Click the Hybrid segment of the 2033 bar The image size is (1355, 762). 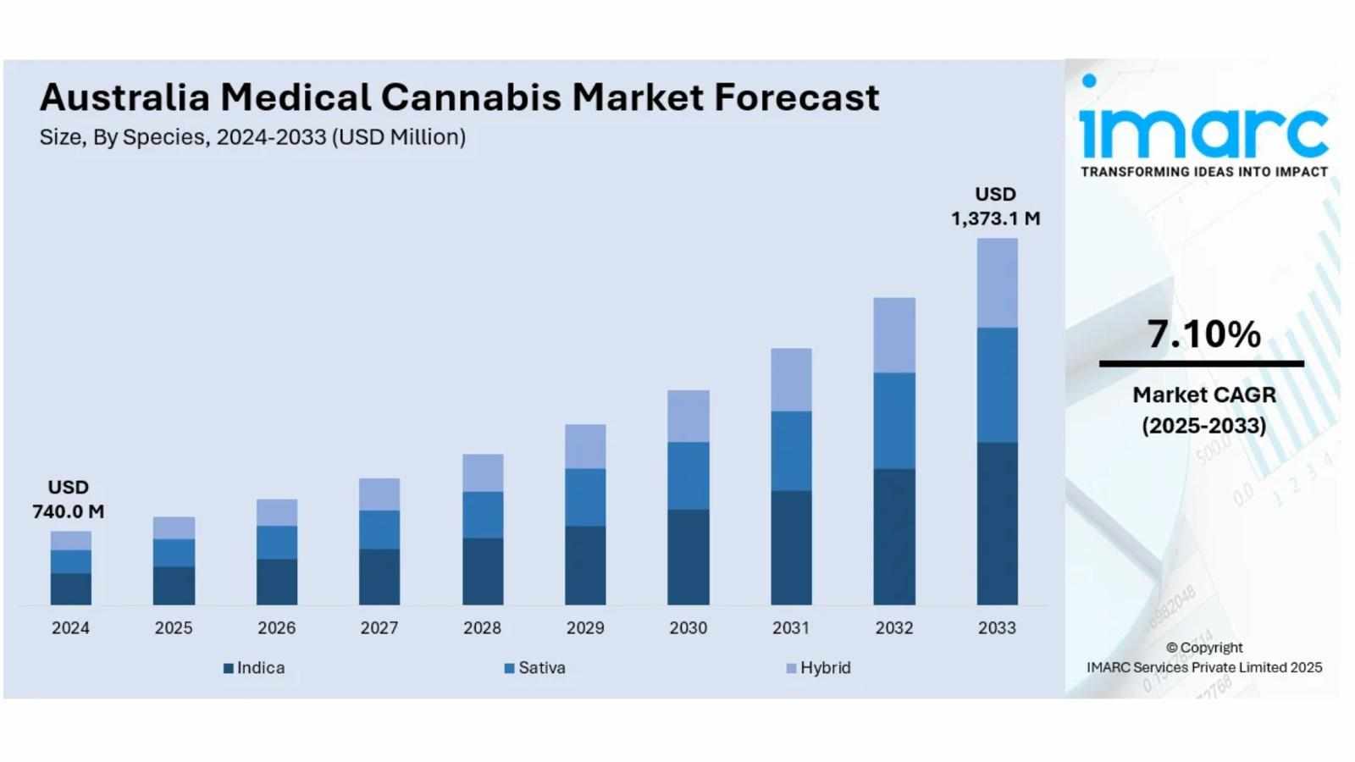pyautogui.click(x=997, y=283)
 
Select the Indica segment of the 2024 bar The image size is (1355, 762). pyautogui.click(x=70, y=588)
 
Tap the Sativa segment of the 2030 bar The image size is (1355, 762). pyautogui.click(x=688, y=475)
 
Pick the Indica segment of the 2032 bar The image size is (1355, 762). pyautogui.click(x=894, y=536)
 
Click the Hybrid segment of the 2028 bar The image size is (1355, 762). pyautogui.click(x=483, y=472)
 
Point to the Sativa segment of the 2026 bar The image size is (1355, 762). pyautogui.click(x=277, y=542)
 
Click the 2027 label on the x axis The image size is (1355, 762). pyautogui.click(x=379, y=628)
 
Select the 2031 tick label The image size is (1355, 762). pyautogui.click(x=791, y=628)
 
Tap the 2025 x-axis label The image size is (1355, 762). pyautogui.click(x=174, y=628)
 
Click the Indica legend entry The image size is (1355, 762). pyautogui.click(x=254, y=668)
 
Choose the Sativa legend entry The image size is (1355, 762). pyautogui.click(x=535, y=668)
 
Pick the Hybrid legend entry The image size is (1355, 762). pyautogui.click(x=819, y=668)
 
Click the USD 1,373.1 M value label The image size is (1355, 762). pyautogui.click(x=995, y=207)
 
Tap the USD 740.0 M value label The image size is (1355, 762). pyautogui.click(x=69, y=500)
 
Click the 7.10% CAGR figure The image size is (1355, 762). pyautogui.click(x=1203, y=334)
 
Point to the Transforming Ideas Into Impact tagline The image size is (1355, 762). pyautogui.click(x=1203, y=172)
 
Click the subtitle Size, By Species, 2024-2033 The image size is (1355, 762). pyautogui.click(x=252, y=137)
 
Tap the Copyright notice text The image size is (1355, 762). pyautogui.click(x=1203, y=658)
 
